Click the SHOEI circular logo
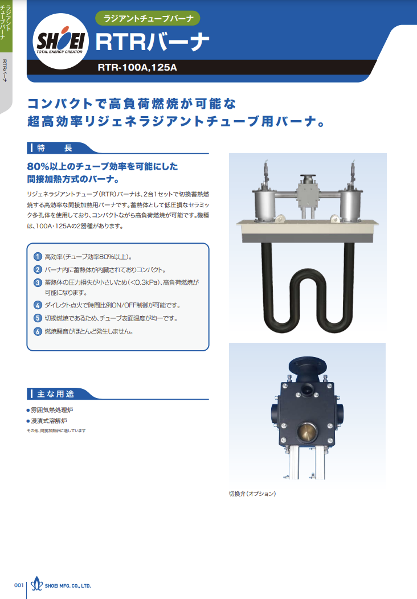tap(61, 41)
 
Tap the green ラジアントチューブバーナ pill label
tap(148, 18)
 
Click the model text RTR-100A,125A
tap(137, 68)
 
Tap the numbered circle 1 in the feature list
tap(38, 257)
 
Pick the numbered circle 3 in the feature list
tap(38, 282)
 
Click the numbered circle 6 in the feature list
tap(38, 331)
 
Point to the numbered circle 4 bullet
tap(38, 305)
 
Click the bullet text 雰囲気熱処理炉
tap(52, 410)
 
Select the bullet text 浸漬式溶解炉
tap(49, 421)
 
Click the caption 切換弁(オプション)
tap(252, 494)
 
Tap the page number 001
tap(19, 585)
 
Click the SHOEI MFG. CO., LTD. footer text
tap(68, 586)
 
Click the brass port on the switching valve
tap(307, 432)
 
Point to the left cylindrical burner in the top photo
tap(263, 206)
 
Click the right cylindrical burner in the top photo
tap(351, 206)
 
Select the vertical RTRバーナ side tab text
tap(5, 70)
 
